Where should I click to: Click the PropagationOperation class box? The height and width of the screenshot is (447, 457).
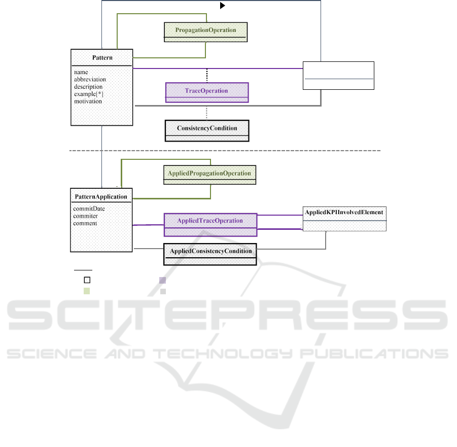(206, 32)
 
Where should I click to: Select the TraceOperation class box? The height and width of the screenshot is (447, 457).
(207, 92)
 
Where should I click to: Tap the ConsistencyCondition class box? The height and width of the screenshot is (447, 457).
(207, 130)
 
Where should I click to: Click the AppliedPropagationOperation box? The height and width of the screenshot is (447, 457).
(210, 175)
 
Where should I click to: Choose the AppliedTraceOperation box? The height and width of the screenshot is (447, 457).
(210, 225)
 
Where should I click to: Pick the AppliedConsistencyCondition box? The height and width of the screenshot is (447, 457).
(210, 254)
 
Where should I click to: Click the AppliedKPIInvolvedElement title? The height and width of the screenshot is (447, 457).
(344, 212)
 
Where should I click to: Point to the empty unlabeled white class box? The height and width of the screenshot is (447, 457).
(338, 76)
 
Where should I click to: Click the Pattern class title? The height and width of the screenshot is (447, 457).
(102, 58)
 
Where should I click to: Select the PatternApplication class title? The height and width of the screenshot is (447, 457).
(101, 197)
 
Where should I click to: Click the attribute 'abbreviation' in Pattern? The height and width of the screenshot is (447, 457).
(90, 79)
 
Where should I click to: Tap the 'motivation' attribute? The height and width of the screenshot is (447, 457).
(88, 101)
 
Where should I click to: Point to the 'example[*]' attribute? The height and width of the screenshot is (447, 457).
(89, 94)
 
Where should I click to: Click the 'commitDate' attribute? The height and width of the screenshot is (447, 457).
(89, 209)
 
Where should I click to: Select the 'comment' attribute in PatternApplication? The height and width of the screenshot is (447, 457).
(85, 223)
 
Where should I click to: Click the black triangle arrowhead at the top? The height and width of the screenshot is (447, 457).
(222, 6)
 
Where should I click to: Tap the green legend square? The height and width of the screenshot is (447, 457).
(87, 291)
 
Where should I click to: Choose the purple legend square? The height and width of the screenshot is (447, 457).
(163, 280)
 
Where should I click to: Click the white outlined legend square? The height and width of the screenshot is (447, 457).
(87, 280)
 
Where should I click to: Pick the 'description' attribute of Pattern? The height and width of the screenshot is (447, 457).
(88, 87)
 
